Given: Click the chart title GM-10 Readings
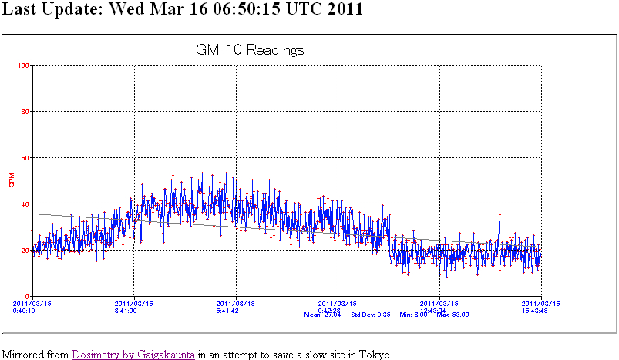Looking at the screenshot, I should pos(251,50).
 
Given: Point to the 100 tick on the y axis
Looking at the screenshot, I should pos(23,66).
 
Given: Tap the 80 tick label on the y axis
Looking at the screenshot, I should pos(25,112).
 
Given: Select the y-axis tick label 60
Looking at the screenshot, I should pos(25,158).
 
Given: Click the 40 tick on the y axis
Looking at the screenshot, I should pos(25,204).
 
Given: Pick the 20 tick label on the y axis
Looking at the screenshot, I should pos(25,250).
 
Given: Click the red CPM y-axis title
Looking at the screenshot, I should pos(11,181).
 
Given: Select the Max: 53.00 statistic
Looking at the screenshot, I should pos(453,315).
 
